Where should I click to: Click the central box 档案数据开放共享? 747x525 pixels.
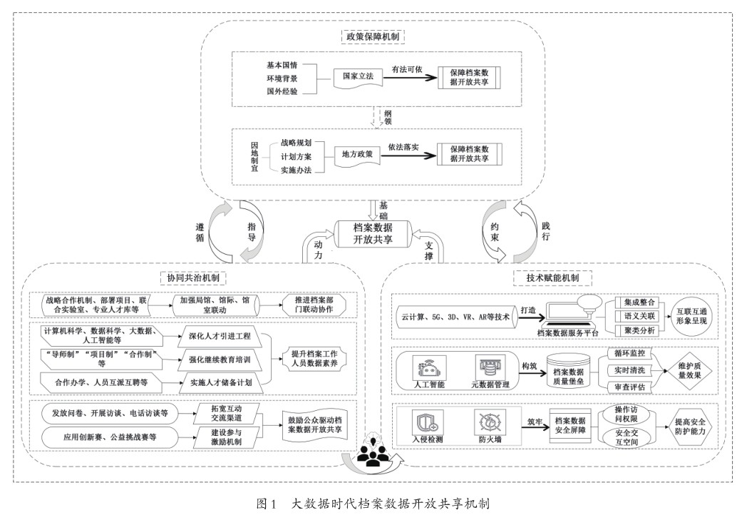pyautogui.click(x=373, y=233)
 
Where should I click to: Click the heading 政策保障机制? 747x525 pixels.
pyautogui.click(x=373, y=34)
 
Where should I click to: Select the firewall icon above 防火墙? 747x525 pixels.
pyautogui.click(x=490, y=423)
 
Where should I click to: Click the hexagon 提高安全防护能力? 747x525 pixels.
pyautogui.click(x=690, y=426)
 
